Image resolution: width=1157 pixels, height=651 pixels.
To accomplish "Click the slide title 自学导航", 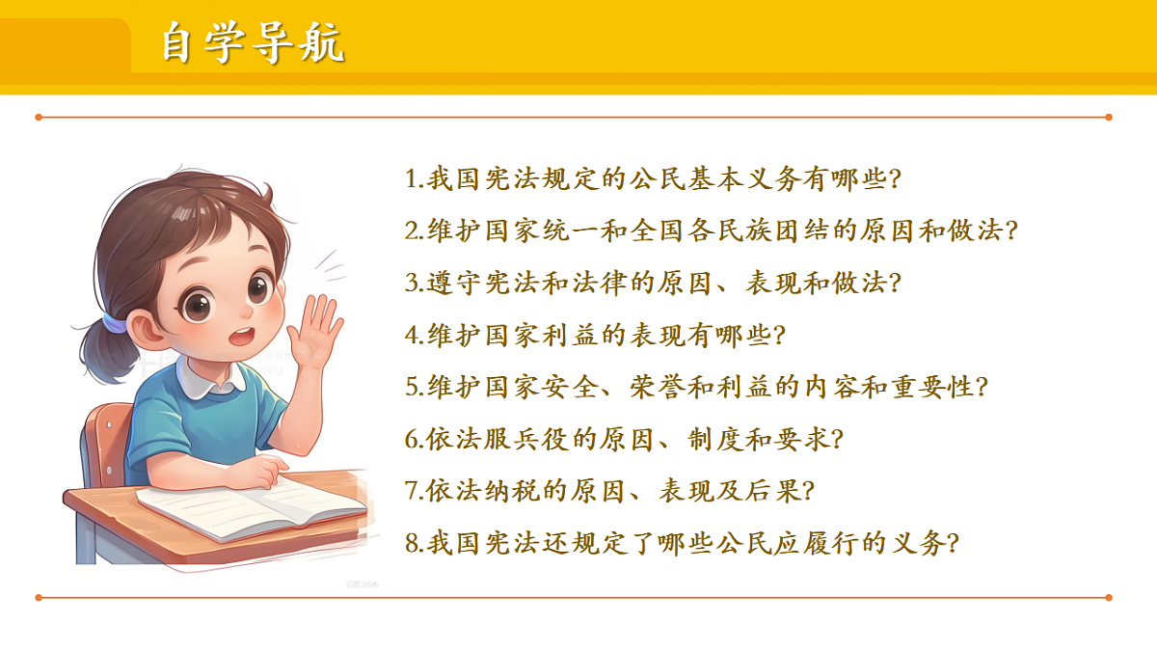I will pyautogui.click(x=253, y=44).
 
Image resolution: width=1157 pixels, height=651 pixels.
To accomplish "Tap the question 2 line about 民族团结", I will pyautogui.click(x=712, y=231).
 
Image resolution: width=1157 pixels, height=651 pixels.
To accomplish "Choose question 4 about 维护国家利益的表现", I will pyautogui.click(x=596, y=336).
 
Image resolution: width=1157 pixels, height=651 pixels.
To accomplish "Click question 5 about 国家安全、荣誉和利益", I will pyautogui.click(x=697, y=388).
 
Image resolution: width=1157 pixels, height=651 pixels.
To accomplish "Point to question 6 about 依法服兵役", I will pyautogui.click(x=624, y=440).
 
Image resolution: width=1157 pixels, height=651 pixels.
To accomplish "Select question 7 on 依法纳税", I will pyautogui.click(x=609, y=492).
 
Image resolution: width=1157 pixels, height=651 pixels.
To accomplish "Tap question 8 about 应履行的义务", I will pyautogui.click(x=682, y=544).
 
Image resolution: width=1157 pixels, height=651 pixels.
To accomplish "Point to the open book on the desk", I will pyautogui.click(x=253, y=503).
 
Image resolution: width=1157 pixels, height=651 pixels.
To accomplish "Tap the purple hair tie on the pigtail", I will pyautogui.click(x=115, y=321).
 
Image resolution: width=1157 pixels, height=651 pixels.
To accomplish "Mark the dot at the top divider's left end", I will pyautogui.click(x=39, y=118).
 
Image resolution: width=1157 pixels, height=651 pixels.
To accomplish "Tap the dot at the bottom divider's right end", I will pyautogui.click(x=1109, y=597).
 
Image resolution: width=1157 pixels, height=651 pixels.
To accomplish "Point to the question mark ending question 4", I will pyautogui.click(x=780, y=337).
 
